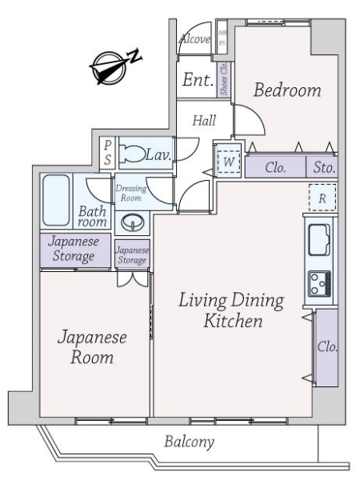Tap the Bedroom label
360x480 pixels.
click(287, 90)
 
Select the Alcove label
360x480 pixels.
click(194, 39)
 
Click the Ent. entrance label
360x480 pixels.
click(196, 80)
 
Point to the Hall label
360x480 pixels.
click(205, 120)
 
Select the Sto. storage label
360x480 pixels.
click(323, 169)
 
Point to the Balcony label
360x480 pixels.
click(189, 441)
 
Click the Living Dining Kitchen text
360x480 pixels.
click(231, 312)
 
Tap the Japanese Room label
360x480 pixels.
click(90, 347)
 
